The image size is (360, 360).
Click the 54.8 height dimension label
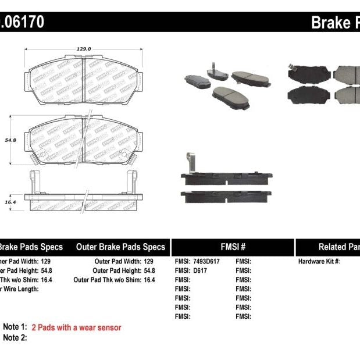pyautogui.click(x=9, y=140)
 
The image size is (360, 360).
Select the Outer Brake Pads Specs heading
pyautogui.click(x=120, y=247)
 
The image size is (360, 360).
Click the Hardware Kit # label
pyautogui.click(x=319, y=262)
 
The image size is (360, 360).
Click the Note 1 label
pyautogui.click(x=15, y=327)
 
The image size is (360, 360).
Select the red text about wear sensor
pyautogui.click(x=76, y=327)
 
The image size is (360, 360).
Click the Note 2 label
pyautogui.click(x=15, y=337)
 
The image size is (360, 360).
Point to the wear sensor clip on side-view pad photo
pyautogui.click(x=189, y=163)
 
